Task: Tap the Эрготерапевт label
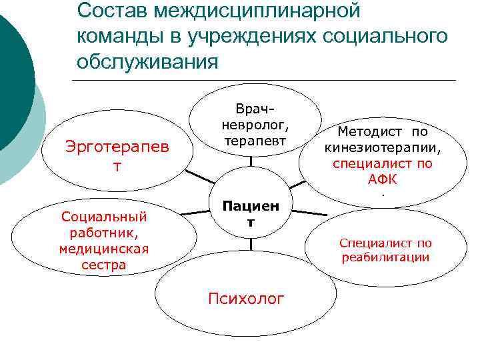(117, 155)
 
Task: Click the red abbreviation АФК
(382, 179)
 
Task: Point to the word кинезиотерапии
(383, 147)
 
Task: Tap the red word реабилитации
(385, 257)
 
